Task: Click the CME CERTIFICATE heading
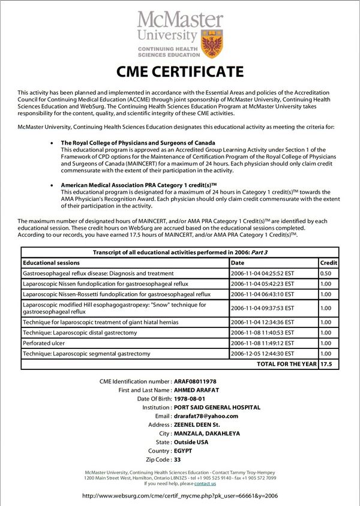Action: point(180,73)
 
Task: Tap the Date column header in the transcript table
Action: point(238,263)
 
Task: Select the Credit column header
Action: point(328,263)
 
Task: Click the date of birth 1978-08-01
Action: point(190,399)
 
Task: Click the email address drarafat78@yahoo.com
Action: point(206,415)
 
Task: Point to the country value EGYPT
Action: point(183,450)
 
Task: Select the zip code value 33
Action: point(177,459)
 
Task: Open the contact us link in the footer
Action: point(205,483)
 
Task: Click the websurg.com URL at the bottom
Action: point(179,496)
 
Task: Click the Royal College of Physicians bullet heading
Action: point(130,143)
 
